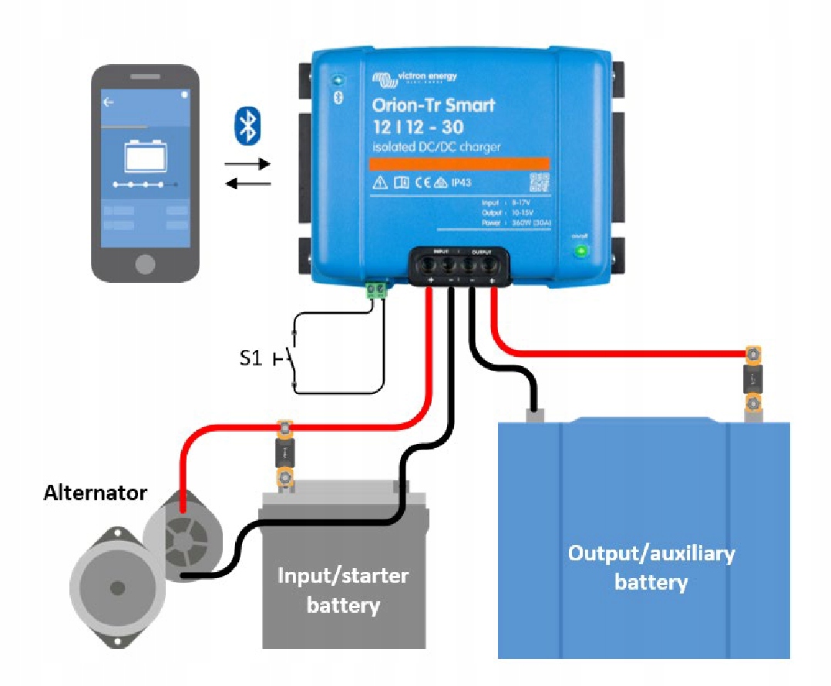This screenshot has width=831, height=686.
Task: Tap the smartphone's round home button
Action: pos(144,264)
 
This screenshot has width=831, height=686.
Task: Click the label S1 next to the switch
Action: pos(251,358)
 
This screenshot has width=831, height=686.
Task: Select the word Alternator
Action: pos(95,493)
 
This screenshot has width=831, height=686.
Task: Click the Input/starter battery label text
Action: pos(343,590)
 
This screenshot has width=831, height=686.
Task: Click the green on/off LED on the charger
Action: pos(581,251)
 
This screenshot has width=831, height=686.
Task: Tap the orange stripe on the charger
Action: pos(459,163)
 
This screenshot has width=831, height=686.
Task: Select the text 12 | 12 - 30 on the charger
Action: pos(421,126)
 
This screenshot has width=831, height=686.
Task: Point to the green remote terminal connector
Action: pos(377,290)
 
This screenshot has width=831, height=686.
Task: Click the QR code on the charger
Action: pos(539,183)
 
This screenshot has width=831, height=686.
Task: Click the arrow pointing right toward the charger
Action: pos(247,164)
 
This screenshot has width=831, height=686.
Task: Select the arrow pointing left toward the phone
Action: pos(247,183)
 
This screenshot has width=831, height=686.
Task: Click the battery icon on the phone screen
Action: pos(146,156)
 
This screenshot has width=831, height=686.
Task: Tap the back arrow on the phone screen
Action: pos(109,102)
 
